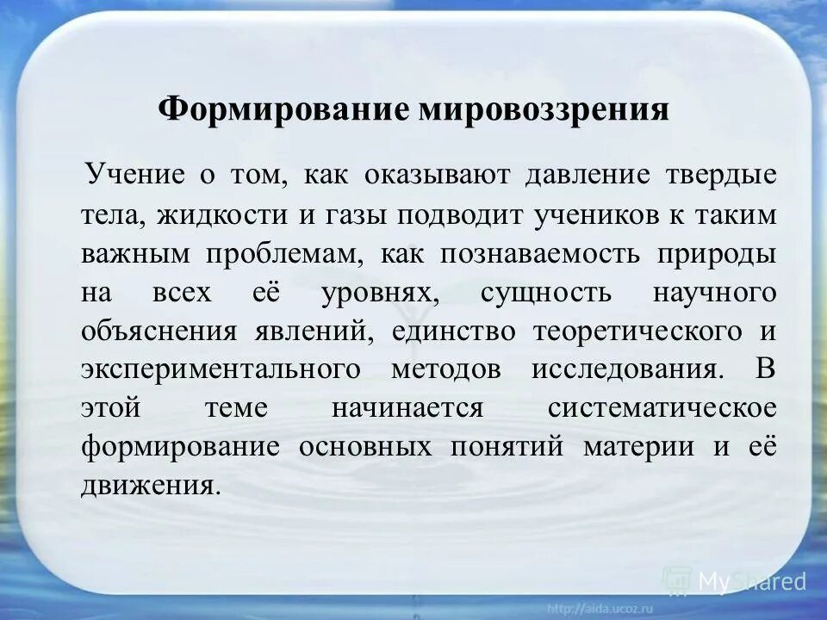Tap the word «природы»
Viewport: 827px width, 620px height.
tap(721, 253)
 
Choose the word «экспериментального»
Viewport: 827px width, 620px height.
tap(221, 369)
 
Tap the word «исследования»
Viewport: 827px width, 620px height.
tap(624, 369)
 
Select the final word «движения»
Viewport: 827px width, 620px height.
tap(146, 486)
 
